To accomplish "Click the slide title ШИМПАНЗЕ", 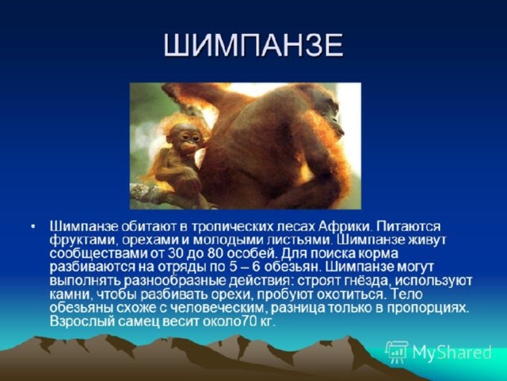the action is click(253, 45).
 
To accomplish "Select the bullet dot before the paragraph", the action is click(33, 227).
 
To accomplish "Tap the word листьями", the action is click(300, 241).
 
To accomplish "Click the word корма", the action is click(379, 254).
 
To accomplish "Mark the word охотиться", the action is click(353, 295).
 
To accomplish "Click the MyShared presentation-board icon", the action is click(397, 352).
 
